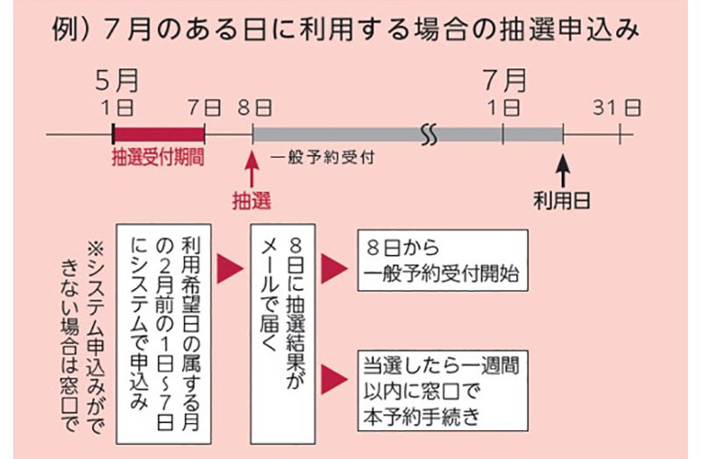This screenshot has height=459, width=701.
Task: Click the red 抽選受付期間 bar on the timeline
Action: (x=159, y=134)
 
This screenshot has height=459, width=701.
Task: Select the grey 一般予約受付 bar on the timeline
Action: (x=350, y=134)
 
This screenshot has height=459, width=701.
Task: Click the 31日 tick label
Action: (x=617, y=108)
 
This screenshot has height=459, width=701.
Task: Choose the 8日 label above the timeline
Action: (x=254, y=108)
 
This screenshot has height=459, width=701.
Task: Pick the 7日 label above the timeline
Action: (x=204, y=108)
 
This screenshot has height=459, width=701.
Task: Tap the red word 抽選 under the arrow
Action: (x=251, y=201)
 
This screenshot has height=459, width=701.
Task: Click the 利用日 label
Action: (x=562, y=201)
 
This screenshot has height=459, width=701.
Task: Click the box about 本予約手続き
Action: (x=442, y=391)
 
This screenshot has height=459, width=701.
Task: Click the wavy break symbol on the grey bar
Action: (x=429, y=134)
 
